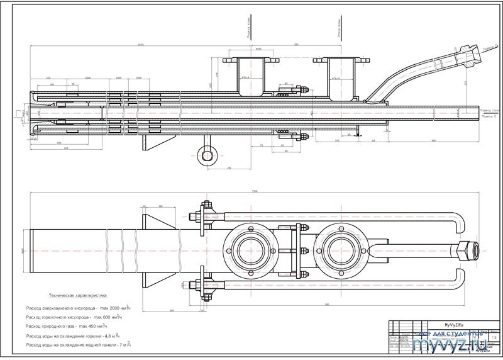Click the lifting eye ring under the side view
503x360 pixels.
pos(205,155)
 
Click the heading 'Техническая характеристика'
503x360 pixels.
pos(79,295)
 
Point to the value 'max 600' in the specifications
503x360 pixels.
pos(102,318)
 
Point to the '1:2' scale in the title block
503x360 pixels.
pos(494,338)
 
